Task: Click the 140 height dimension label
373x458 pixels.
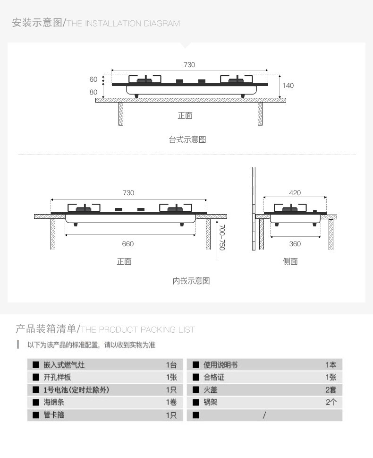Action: (x=288, y=86)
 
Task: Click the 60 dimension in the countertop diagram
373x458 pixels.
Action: (x=93, y=79)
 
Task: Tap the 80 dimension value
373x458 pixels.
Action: (x=93, y=92)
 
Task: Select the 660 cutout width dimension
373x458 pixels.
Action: (x=128, y=244)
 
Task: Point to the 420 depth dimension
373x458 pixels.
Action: (x=295, y=193)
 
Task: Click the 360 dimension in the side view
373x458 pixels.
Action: (x=295, y=244)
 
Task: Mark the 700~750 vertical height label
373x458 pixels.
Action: (x=222, y=237)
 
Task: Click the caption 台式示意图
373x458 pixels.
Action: (x=187, y=140)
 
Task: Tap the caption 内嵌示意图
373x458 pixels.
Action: (x=191, y=281)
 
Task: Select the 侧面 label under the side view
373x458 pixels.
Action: (x=290, y=261)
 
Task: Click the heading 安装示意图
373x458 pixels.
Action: (x=37, y=23)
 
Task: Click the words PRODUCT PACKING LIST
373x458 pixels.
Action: (x=146, y=329)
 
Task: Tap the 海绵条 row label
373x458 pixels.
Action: (x=54, y=403)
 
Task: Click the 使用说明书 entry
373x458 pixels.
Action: (x=220, y=365)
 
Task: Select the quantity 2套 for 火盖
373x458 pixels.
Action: (x=331, y=390)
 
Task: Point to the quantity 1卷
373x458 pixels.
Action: (x=171, y=403)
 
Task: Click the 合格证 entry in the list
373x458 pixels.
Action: (x=214, y=377)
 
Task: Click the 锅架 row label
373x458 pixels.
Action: (x=211, y=403)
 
